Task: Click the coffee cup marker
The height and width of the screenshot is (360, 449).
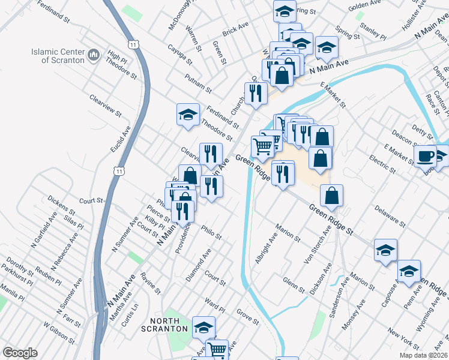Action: (425, 156)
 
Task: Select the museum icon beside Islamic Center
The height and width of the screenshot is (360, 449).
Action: (93, 56)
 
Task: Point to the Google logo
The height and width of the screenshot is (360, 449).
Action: (20, 353)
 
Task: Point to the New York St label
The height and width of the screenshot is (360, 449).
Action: (403, 339)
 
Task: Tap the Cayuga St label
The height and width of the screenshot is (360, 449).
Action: (180, 54)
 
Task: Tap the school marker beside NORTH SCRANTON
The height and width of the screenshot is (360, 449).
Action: (204, 327)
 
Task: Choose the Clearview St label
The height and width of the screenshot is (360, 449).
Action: (105, 104)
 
